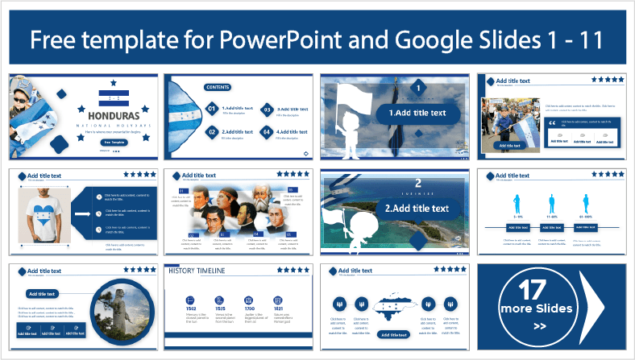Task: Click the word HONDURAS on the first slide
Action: point(113,115)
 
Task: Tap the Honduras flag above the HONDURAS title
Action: point(113,98)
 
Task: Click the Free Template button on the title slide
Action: point(113,142)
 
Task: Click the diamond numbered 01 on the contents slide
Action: point(212,108)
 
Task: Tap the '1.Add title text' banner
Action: point(417,113)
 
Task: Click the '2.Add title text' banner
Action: point(417,209)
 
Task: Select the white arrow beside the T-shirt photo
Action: point(82,214)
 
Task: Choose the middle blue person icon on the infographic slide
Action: point(553,203)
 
